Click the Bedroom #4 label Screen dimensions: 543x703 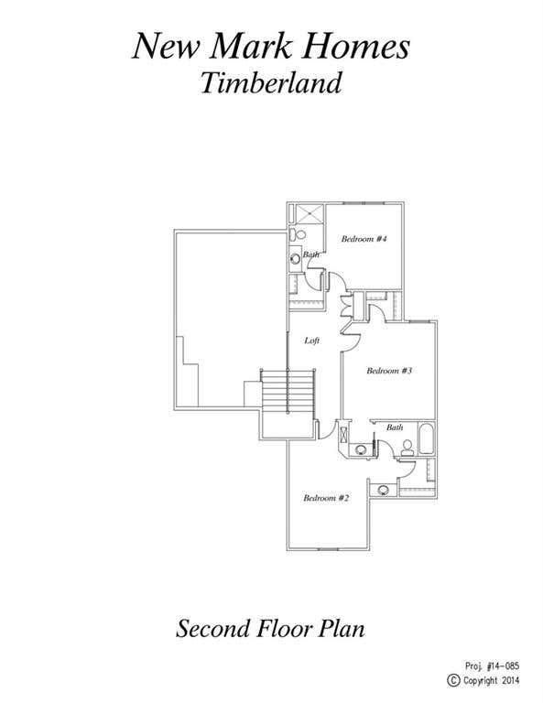[x=364, y=239]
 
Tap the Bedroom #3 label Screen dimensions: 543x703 [x=389, y=371]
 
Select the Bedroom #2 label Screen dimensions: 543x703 [x=326, y=498]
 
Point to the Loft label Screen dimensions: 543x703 [x=311, y=341]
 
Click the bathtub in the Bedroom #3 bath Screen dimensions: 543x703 [x=426, y=438]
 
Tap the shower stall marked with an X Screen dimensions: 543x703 [x=309, y=213]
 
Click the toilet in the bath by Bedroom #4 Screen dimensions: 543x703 [x=298, y=234]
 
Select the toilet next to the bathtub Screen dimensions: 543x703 [x=407, y=449]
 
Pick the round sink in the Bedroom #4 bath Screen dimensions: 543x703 [x=295, y=258]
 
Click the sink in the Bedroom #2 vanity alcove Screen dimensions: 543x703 [x=384, y=490]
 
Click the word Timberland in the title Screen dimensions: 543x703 [x=271, y=82]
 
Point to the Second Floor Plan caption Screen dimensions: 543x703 [x=270, y=628]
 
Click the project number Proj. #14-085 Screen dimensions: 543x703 [x=492, y=665]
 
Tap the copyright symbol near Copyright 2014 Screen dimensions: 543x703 [x=454, y=680]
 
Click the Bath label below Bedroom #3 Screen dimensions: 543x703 [x=395, y=427]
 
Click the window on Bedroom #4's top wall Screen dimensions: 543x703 [x=364, y=203]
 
